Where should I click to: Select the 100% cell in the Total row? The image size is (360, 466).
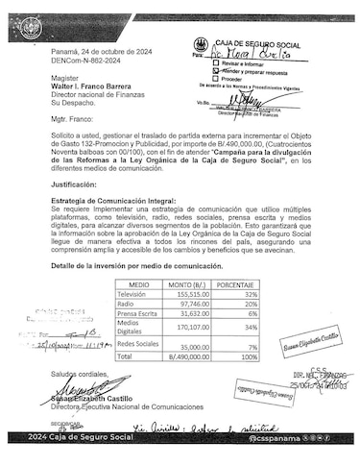[x=249, y=356]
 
